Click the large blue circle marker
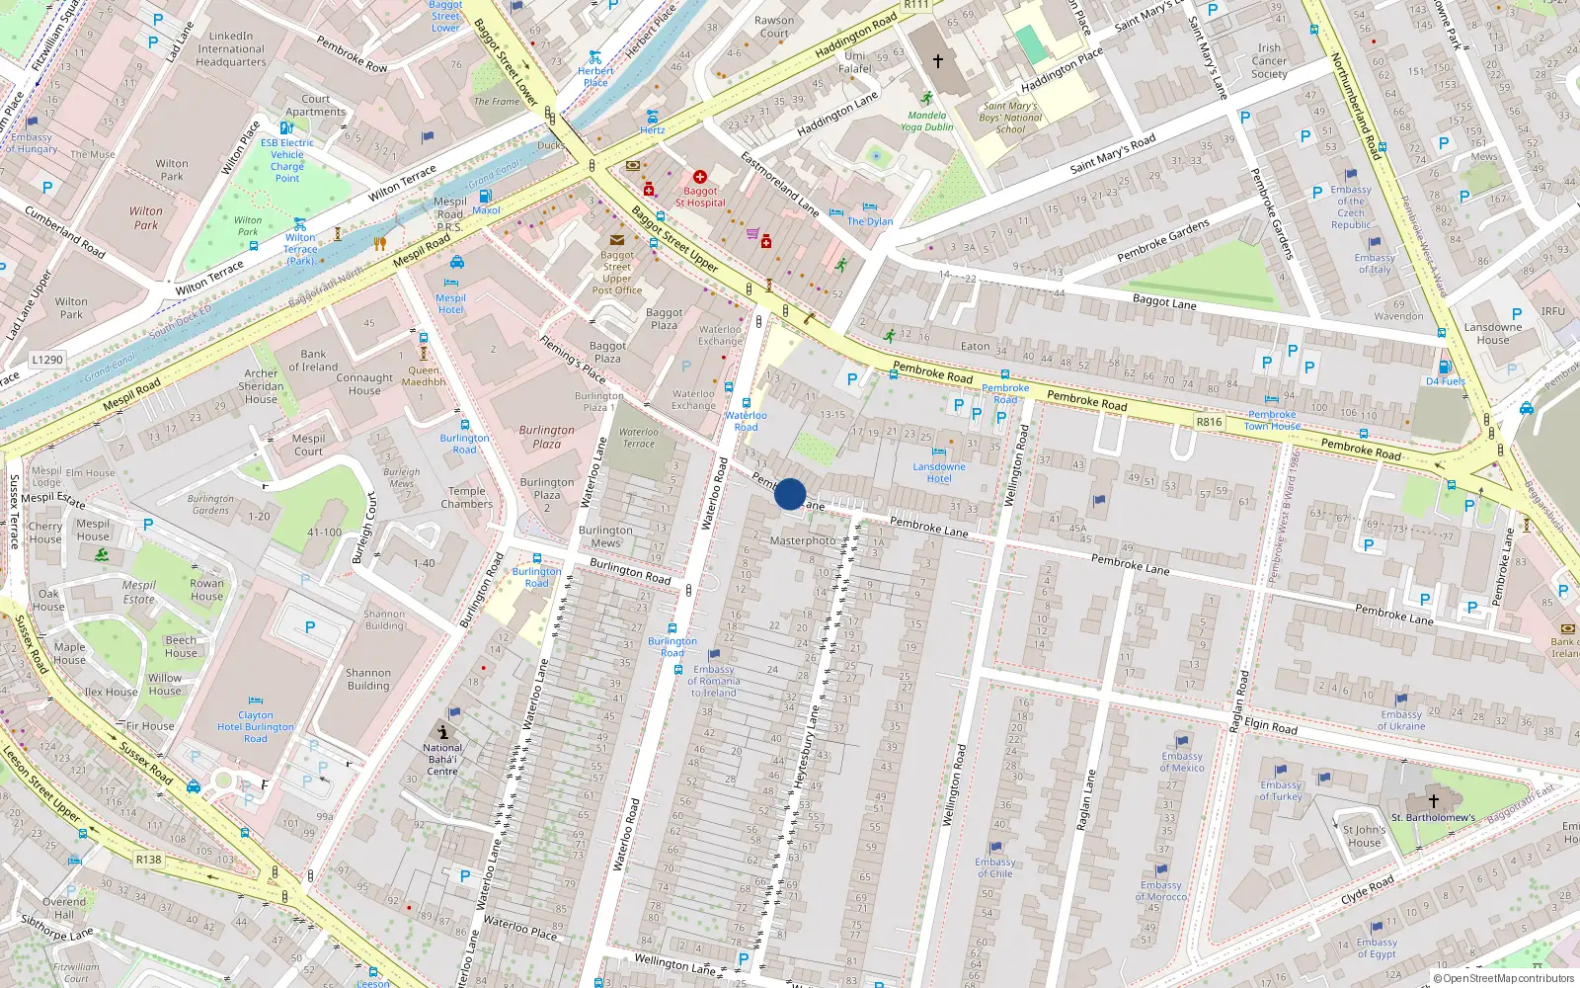pos(790,494)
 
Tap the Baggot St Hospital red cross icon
pos(700,177)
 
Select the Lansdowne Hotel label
pos(939,472)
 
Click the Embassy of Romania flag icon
pos(714,655)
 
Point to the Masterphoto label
pos(803,540)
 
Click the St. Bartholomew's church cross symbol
pos(1434,801)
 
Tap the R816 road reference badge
pos(1209,422)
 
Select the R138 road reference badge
pos(148,860)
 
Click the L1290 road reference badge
pos(46,360)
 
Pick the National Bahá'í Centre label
pos(442,759)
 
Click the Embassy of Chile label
pos(994,867)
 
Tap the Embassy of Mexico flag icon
pos(1182,742)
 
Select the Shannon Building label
pos(368,679)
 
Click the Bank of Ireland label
pos(313,361)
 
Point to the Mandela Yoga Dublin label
pos(926,121)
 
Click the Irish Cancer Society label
pos(1269,60)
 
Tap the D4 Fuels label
pos(1445,381)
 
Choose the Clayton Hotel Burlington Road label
pos(255,726)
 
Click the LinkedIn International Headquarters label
pos(231,48)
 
